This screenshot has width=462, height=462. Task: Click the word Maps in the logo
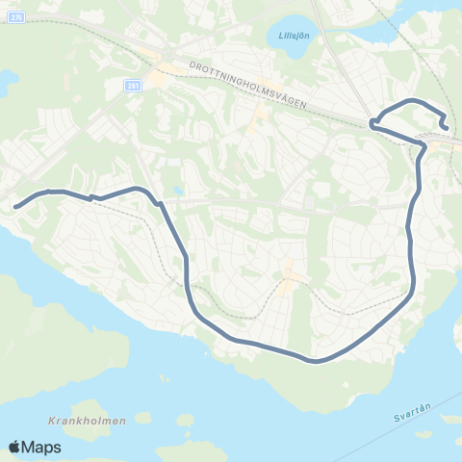tap(42, 447)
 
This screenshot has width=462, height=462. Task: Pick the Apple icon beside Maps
tap(15, 446)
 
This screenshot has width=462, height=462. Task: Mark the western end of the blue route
tap(15, 205)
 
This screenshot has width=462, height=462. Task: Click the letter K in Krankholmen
tap(49, 421)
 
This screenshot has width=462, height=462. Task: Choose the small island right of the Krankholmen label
tap(142, 418)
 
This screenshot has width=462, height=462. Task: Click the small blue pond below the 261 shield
tap(176, 191)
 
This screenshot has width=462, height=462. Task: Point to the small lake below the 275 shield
tap(5, 82)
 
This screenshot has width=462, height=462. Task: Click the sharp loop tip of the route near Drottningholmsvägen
tap(372, 122)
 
